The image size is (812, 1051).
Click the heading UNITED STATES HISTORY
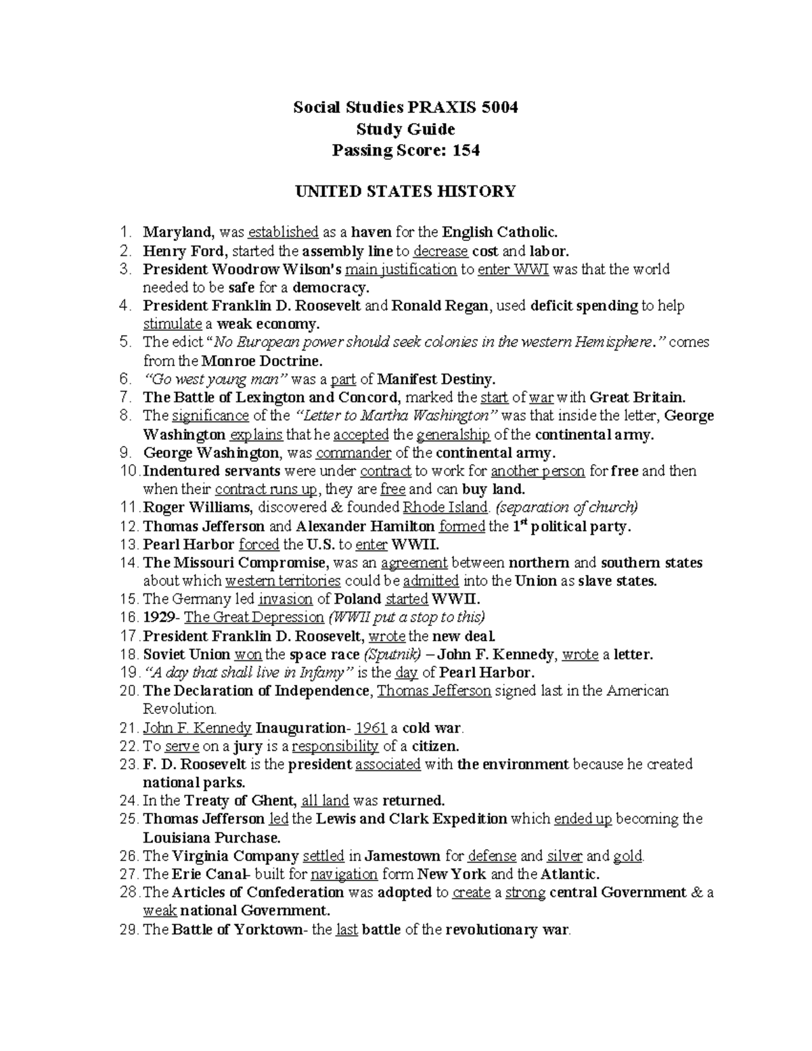(405, 192)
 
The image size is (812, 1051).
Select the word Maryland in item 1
(178, 232)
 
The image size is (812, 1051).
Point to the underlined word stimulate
(173, 323)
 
